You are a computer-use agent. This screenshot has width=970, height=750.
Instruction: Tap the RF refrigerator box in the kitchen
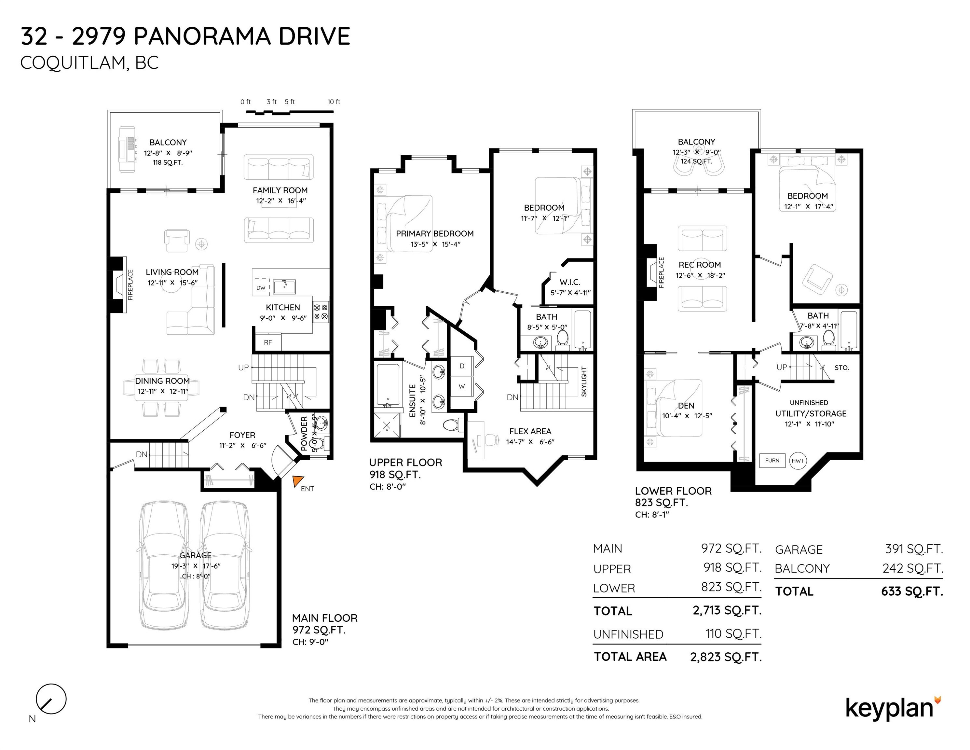[268, 342]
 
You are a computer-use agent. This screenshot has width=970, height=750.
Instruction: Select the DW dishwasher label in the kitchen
[261, 287]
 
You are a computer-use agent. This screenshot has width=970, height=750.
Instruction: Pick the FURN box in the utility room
[772, 461]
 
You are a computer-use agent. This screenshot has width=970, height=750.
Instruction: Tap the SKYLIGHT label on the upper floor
[584, 382]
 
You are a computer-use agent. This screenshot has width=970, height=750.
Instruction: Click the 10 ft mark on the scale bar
[334, 102]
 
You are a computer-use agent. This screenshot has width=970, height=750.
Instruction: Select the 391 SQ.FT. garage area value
[914, 549]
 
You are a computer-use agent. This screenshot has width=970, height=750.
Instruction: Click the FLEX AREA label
[530, 431]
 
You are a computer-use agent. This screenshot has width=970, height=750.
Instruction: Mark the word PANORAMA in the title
[202, 36]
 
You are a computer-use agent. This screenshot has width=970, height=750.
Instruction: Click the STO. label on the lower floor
[842, 368]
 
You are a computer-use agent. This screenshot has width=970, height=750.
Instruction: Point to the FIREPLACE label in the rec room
[661, 273]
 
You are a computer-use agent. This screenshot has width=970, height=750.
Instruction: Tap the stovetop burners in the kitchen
[321, 312]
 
